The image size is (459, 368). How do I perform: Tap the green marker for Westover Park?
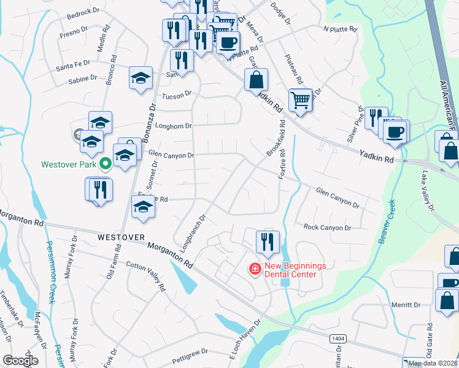pyautogui.click(x=104, y=164)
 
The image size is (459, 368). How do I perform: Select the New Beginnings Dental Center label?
pyautogui.click(x=291, y=270)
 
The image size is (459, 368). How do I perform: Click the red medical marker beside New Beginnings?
pyautogui.click(x=253, y=269)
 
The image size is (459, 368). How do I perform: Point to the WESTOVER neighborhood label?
pyautogui.click(x=121, y=237)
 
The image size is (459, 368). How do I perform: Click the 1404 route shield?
pyautogui.click(x=336, y=338)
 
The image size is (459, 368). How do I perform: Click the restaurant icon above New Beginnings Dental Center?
pyautogui.click(x=268, y=240)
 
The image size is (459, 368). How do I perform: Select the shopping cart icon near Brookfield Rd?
pyautogui.click(x=300, y=100)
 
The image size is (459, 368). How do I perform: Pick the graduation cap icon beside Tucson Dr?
pyautogui.click(x=141, y=78)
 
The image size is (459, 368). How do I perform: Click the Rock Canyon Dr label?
pyautogui.click(x=327, y=228)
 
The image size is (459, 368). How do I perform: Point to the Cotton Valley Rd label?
pyautogui.click(x=146, y=277)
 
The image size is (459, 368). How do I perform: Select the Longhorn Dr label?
pyautogui.click(x=175, y=126)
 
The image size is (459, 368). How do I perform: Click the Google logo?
pyautogui.click(x=20, y=361)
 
